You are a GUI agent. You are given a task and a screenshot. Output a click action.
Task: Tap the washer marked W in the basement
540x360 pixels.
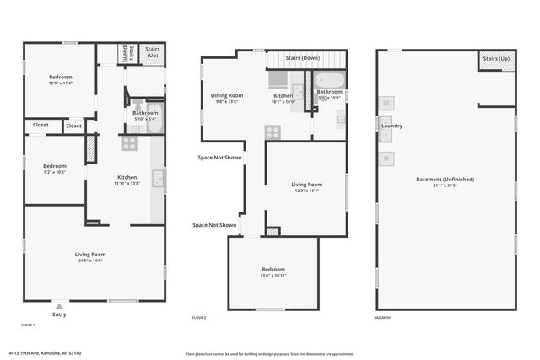click(x=386, y=103)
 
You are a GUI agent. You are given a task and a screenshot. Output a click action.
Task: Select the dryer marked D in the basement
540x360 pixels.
click(x=386, y=158)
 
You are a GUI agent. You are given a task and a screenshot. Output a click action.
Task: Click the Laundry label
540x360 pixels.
click(x=391, y=126)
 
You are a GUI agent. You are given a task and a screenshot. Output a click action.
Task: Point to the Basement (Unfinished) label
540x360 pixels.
click(x=445, y=179)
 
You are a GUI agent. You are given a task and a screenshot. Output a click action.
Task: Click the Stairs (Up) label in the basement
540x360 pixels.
click(x=497, y=59)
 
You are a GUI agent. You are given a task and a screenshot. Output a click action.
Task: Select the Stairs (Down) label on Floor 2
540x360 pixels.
click(x=302, y=57)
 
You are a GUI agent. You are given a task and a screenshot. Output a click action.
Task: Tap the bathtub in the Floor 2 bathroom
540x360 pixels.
click(x=329, y=81)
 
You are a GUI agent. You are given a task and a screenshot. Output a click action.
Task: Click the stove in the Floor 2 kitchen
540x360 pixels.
click(x=273, y=132)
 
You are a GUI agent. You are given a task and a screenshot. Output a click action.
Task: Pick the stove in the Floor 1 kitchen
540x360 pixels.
click(x=128, y=143)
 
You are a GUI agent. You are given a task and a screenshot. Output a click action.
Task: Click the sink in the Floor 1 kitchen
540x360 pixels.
click(x=157, y=178)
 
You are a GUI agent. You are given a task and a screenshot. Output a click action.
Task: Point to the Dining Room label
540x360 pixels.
click(x=227, y=95)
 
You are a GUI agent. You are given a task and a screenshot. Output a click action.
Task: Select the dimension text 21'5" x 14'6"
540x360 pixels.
click(x=90, y=261)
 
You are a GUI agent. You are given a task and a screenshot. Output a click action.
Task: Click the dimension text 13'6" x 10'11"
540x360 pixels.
click(x=273, y=276)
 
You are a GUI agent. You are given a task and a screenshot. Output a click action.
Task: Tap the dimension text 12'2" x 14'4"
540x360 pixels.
click(x=307, y=191)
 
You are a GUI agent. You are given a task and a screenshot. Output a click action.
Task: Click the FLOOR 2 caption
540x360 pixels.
click(x=199, y=318)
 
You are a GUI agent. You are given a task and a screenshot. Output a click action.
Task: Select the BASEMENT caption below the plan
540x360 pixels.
click(x=384, y=318)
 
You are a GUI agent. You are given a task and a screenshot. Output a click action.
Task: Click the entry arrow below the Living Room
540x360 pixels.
click(x=58, y=305)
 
